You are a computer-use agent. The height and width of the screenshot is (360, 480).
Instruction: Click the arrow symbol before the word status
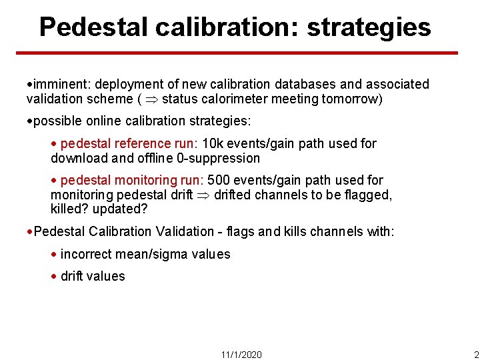[x=150, y=99]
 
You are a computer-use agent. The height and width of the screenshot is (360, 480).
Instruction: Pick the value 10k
[x=213, y=143]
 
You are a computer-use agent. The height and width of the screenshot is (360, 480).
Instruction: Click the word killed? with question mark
[x=71, y=209]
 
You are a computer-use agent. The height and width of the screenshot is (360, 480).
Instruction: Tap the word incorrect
[x=87, y=254]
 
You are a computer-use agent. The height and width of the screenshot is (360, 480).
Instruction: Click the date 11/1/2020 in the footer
[x=241, y=355]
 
